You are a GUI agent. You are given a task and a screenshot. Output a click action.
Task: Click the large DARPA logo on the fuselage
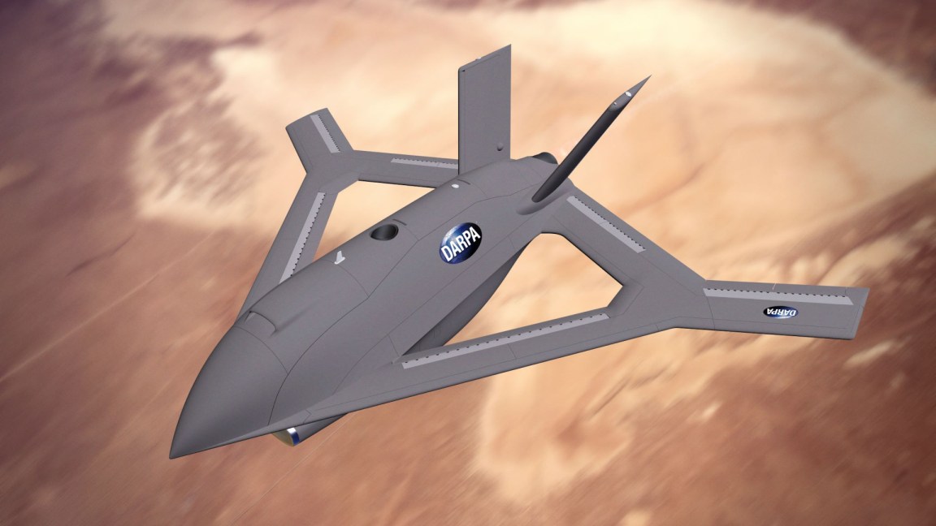point(460,242)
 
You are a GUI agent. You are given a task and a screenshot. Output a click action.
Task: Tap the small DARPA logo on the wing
point(781,312)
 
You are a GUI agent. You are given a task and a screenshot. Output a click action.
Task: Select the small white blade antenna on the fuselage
point(337,260)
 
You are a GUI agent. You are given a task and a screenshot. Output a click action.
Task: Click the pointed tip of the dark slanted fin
point(648,79)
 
